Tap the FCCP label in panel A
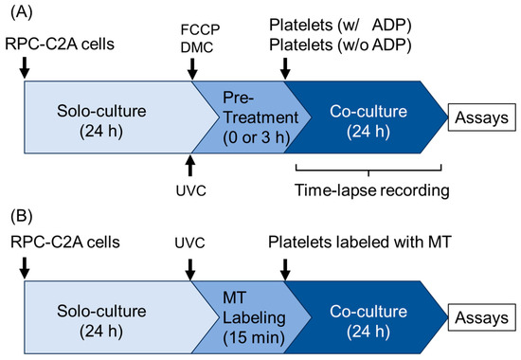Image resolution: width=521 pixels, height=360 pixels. pos(192,27)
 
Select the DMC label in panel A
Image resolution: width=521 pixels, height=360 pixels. pos(192,44)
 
